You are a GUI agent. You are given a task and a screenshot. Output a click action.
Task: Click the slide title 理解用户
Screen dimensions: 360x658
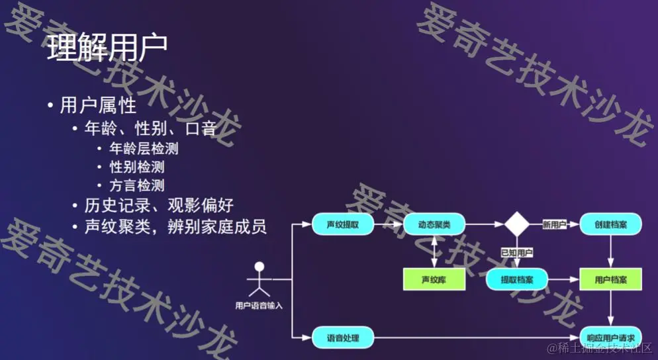107,48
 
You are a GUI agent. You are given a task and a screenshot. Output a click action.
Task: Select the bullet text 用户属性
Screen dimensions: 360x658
98,106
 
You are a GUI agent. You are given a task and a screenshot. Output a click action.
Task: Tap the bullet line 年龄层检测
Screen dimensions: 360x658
144,148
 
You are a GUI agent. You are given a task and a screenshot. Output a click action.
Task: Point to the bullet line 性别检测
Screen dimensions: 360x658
137,167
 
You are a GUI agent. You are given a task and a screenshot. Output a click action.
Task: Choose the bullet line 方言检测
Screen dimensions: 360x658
137,185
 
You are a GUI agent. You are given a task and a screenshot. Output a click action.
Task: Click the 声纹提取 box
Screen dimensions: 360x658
342,225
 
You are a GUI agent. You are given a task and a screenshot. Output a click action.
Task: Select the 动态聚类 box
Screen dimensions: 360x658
434,225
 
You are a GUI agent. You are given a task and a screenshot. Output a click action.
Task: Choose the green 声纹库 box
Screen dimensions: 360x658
434,280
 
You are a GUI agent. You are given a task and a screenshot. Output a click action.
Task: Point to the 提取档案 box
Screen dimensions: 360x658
517,280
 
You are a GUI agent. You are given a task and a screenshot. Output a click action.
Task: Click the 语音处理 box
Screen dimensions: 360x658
342,337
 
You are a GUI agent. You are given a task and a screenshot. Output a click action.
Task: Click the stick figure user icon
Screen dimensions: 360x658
259,280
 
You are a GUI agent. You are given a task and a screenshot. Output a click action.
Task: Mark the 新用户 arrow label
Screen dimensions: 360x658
553,225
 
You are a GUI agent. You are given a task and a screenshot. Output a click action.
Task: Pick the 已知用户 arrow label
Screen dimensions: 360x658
517,253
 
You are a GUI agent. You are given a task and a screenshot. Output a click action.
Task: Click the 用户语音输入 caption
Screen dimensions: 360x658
259,306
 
